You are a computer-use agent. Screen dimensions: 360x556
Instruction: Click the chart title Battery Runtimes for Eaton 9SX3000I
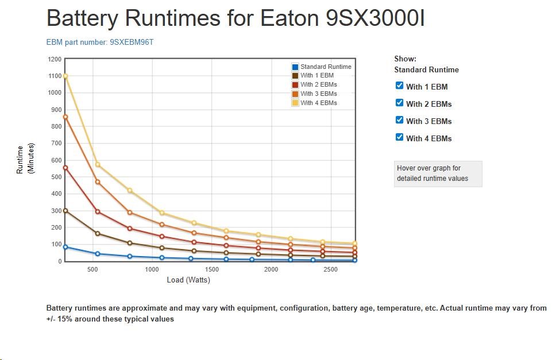click(235, 18)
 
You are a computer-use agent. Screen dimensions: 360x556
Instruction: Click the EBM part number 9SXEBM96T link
click(100, 42)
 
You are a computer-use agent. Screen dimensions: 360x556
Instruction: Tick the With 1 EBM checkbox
click(400, 86)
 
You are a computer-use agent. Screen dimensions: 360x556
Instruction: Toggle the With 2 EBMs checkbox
click(400, 103)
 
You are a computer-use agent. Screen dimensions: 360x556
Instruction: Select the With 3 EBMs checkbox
click(400, 120)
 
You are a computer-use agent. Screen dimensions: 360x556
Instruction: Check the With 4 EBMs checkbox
click(400, 137)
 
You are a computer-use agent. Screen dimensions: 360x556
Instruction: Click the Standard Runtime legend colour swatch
click(295, 67)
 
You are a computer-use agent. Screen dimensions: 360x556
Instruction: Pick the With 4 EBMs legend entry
click(318, 103)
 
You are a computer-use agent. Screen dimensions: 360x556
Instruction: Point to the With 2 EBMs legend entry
click(318, 85)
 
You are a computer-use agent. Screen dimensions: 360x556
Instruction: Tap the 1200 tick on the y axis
click(55, 59)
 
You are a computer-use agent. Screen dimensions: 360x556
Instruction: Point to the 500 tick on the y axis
click(56, 177)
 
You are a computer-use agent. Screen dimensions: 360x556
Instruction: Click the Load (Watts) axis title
click(188, 280)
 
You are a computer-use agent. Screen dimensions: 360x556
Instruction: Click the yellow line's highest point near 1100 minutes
click(65, 76)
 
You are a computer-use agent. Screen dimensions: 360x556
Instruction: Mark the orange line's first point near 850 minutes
click(65, 117)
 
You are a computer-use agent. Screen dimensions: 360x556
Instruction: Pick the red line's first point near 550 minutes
click(65, 168)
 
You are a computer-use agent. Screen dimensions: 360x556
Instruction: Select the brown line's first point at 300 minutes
click(65, 211)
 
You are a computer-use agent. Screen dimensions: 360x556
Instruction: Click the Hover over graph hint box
click(438, 173)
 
